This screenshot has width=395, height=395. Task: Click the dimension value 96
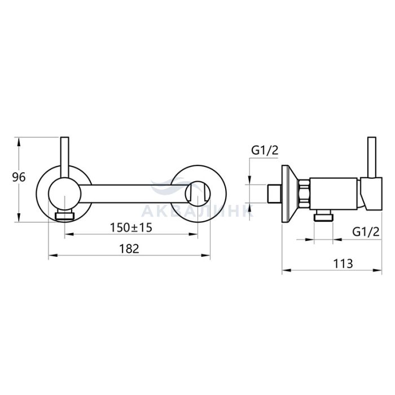(x=19, y=178)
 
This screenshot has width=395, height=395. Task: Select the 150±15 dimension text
(x=131, y=228)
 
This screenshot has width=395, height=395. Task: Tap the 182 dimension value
(x=129, y=249)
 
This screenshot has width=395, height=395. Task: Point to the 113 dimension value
(x=343, y=264)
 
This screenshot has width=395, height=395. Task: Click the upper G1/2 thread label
(x=265, y=151)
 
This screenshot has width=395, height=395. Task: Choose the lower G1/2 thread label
(x=366, y=231)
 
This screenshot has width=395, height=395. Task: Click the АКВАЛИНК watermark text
(x=197, y=211)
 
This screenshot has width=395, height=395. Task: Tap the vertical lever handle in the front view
(x=65, y=157)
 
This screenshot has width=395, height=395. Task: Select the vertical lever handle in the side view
(x=372, y=157)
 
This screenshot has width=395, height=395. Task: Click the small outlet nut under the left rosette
(x=65, y=216)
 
